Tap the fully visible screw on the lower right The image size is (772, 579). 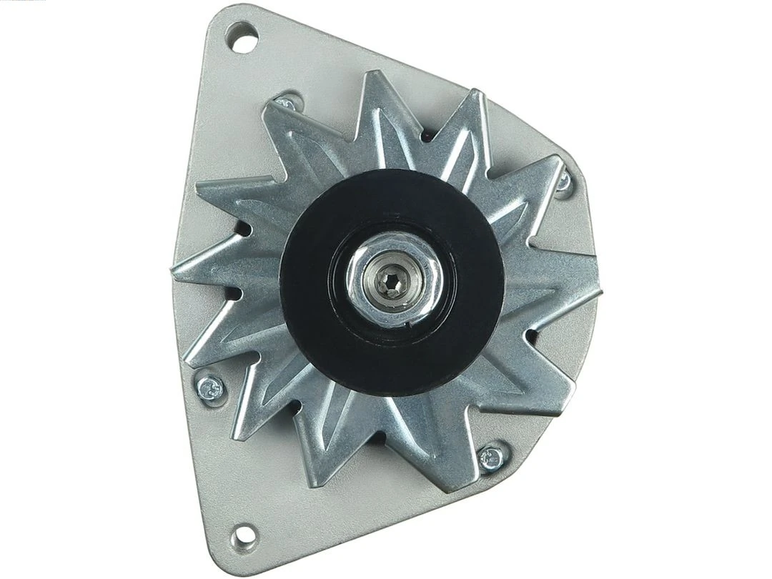point(492,457)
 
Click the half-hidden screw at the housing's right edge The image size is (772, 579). point(565,181)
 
